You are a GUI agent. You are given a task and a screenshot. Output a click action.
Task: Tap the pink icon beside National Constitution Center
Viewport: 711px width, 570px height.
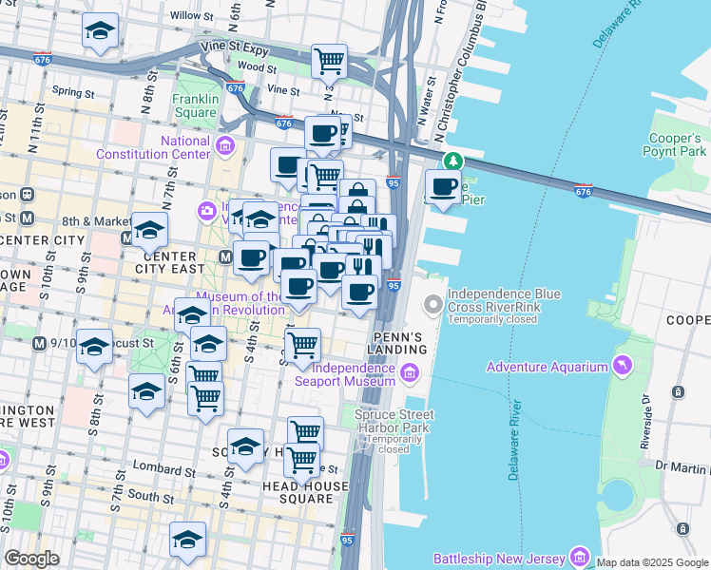point(225,145)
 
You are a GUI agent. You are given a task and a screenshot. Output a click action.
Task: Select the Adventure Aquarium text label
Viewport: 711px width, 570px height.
point(547,367)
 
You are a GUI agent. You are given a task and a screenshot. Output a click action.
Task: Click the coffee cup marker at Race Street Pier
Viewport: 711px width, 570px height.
point(443,186)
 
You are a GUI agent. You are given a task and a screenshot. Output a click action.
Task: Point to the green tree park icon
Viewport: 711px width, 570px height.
point(454,161)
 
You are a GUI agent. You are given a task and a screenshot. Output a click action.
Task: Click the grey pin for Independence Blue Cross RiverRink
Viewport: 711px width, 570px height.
point(433,305)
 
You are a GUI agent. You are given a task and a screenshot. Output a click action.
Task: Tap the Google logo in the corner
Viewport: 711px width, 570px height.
point(31,559)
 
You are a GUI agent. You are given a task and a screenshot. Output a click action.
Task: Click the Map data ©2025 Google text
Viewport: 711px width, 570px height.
point(653,562)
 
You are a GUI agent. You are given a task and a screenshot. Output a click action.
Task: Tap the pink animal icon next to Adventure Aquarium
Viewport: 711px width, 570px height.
point(623,366)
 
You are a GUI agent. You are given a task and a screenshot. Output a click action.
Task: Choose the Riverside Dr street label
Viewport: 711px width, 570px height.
point(645,421)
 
